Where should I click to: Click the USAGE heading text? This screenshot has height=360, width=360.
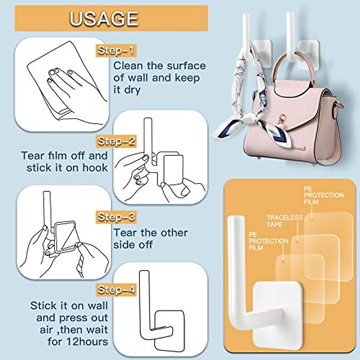pos(104,19)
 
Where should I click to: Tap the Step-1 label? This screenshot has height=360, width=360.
pos(116,50)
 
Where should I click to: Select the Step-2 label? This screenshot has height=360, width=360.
pos(116,141)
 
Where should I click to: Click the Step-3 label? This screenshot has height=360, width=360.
pos(116,217)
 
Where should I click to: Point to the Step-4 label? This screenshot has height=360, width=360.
pos(116,289)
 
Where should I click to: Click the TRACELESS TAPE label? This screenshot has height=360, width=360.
pos(284,221)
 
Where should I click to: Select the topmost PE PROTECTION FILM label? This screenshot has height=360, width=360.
pos(323,195)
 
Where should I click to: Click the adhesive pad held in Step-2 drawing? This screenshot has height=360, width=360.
pos(173,169)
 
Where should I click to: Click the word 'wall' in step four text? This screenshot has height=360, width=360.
pos(97,306)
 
